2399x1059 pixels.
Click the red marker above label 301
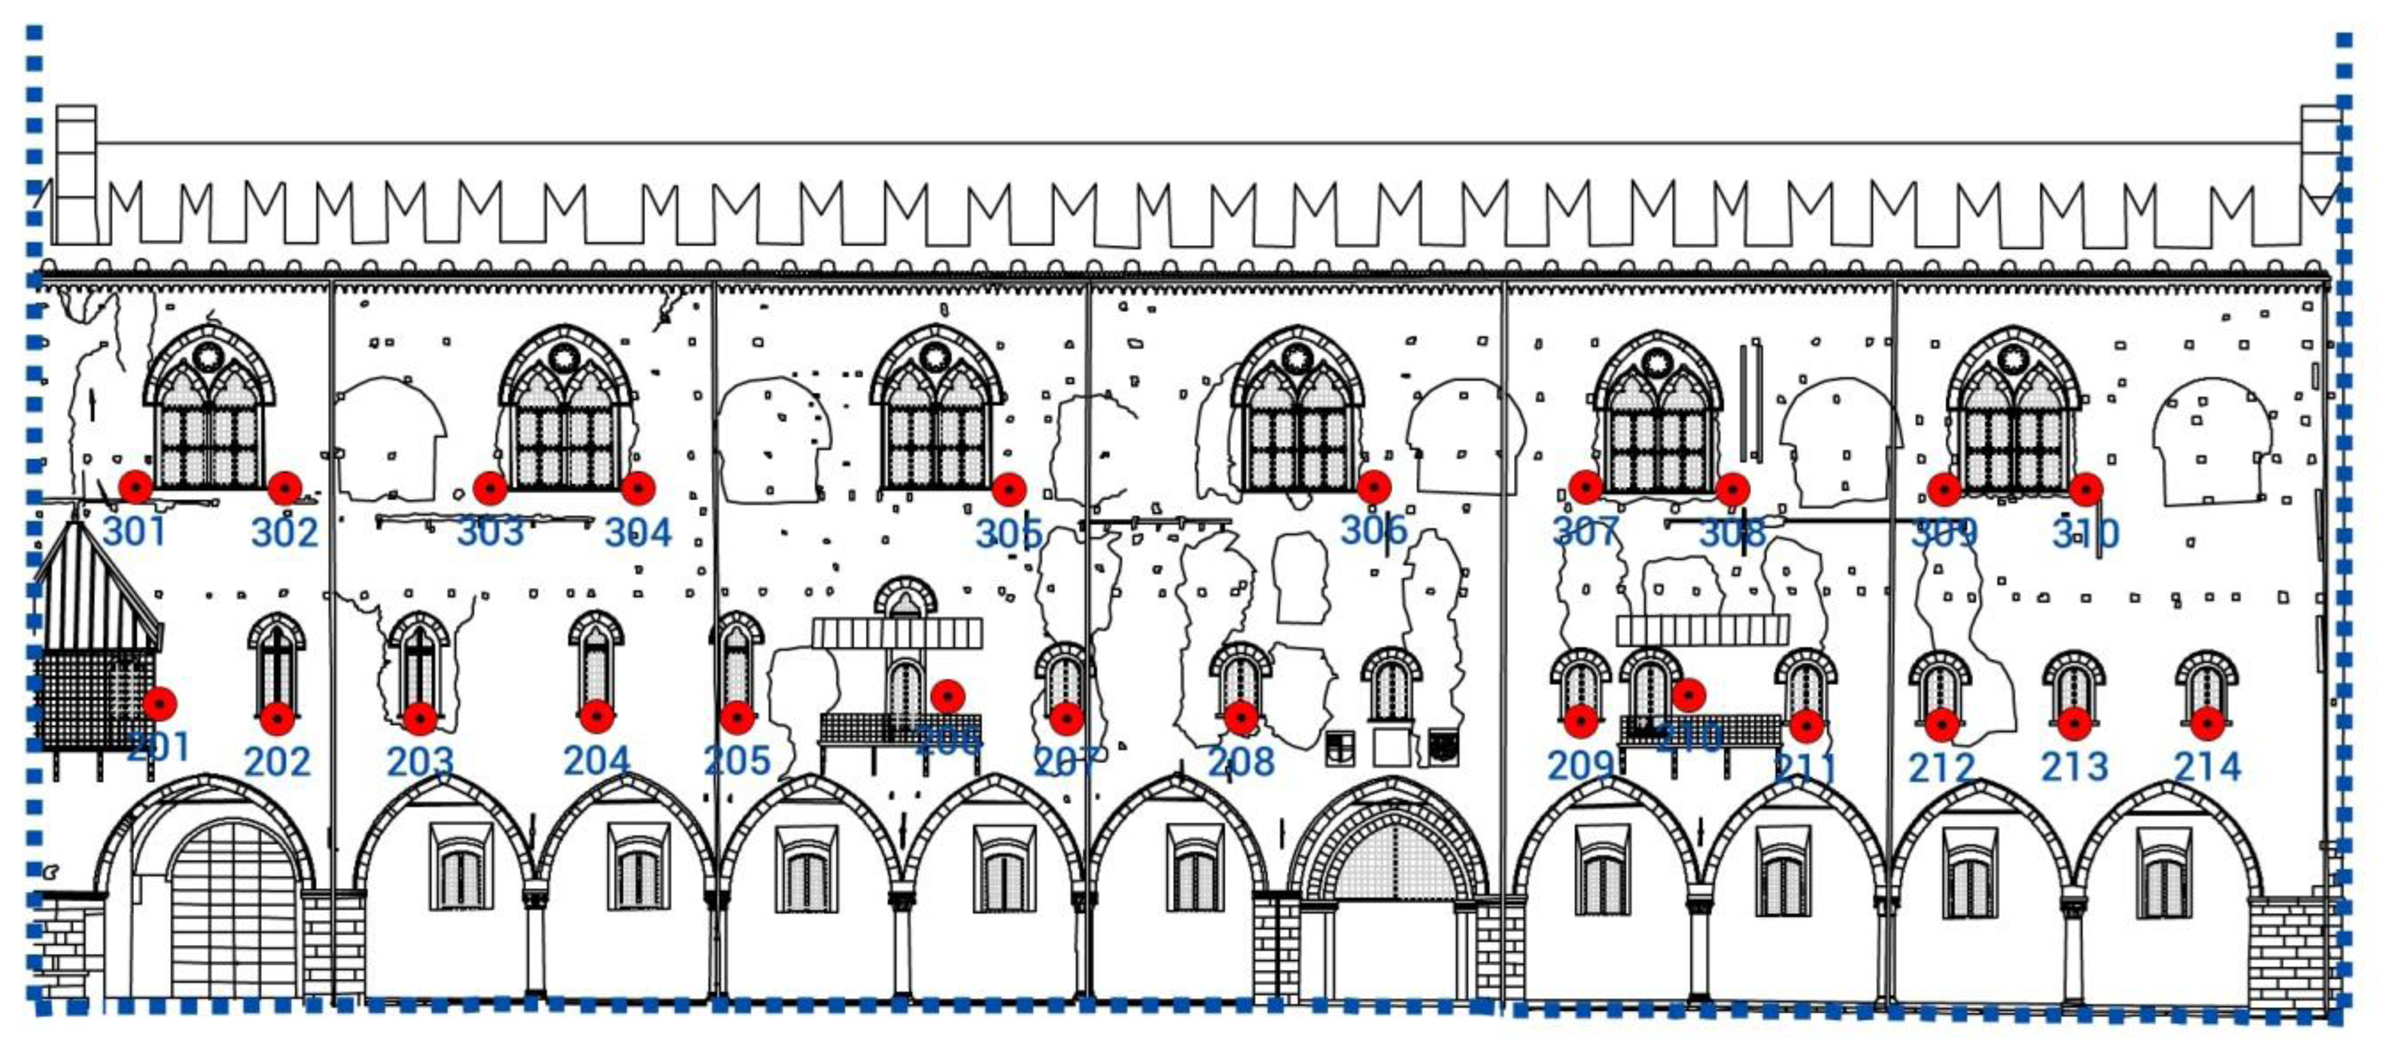tap(136, 486)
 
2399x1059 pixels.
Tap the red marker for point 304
tap(638, 487)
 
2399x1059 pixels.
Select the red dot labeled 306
tap(1374, 486)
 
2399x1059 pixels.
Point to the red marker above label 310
tap(2086, 489)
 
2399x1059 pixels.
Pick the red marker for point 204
tap(596, 716)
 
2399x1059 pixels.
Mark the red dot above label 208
tap(1241, 717)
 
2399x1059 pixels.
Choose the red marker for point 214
tap(2207, 723)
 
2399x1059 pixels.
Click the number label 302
tap(285, 532)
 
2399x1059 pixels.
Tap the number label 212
tap(1941, 767)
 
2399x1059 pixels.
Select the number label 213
tap(2074, 766)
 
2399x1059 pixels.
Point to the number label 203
tap(420, 763)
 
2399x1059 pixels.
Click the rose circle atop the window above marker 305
tap(934, 356)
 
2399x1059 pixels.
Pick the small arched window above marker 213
tap(2074, 684)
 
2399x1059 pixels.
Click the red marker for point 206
tap(947, 695)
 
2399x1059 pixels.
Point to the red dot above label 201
tap(160, 704)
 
